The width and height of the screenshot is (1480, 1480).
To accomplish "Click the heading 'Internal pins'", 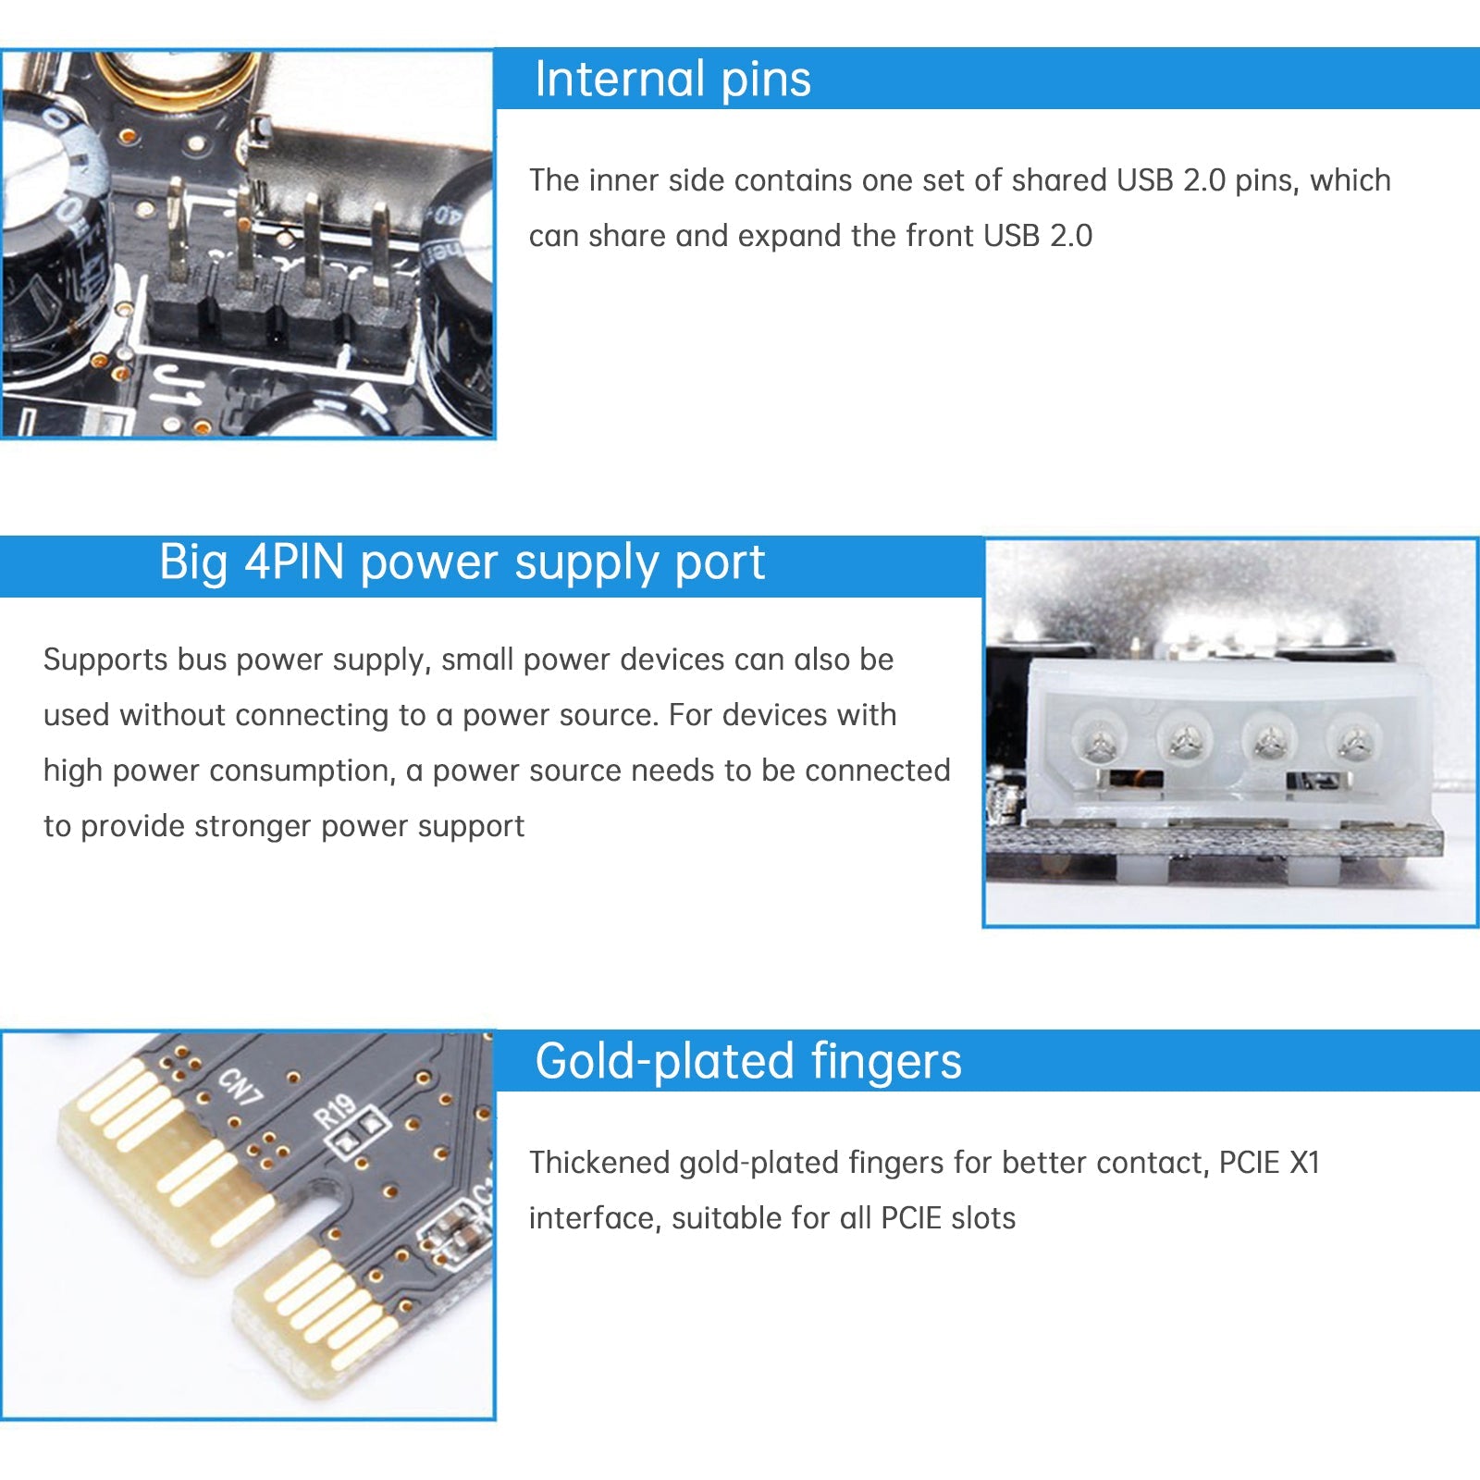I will click(x=672, y=79).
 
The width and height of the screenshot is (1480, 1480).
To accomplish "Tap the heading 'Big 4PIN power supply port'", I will click(x=462, y=562).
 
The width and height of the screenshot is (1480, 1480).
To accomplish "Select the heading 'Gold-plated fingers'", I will click(x=747, y=1061).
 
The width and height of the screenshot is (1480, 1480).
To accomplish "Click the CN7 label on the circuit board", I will click(x=240, y=1086).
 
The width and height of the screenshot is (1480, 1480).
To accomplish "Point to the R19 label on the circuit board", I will click(x=335, y=1111).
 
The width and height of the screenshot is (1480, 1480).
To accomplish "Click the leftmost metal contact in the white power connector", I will click(x=1099, y=739).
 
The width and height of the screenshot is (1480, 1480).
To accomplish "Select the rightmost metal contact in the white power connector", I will click(x=1353, y=739).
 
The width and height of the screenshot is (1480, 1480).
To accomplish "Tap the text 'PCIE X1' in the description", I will click(x=1269, y=1163).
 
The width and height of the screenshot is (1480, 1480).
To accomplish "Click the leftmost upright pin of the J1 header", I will click(x=176, y=231).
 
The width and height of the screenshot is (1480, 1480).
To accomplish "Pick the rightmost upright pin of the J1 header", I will click(x=380, y=250).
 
